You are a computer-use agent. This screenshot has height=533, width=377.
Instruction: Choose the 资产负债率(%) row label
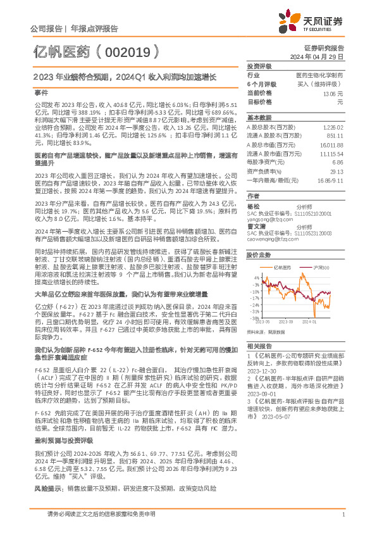[x=263, y=171]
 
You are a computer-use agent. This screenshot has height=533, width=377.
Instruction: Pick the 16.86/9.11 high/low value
[x=332, y=180]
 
